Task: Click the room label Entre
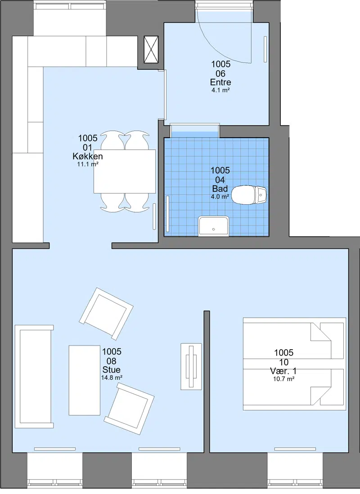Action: [220, 82]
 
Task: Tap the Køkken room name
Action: [88, 156]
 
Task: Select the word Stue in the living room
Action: [111, 370]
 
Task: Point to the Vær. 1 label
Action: [283, 371]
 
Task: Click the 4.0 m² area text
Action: [220, 197]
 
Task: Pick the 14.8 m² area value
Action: [112, 377]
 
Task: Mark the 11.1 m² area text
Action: [88, 164]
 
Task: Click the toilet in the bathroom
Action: [249, 195]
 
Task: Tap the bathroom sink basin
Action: [213, 225]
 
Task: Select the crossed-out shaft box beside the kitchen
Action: [151, 49]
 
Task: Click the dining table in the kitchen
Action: [125, 171]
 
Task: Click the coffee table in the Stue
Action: [85, 380]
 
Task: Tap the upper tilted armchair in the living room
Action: [106, 314]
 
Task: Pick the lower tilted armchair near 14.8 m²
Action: [129, 409]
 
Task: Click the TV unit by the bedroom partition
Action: [191, 366]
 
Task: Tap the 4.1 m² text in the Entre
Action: [220, 90]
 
